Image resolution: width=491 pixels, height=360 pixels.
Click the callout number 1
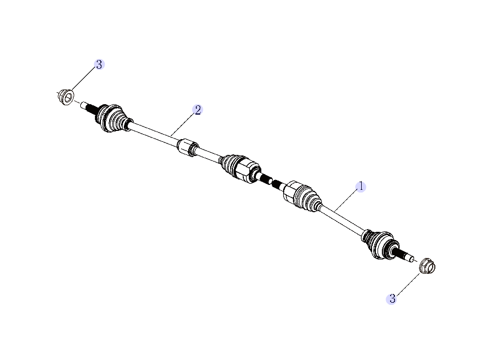(x=360, y=187)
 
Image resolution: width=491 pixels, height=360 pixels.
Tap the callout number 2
(x=197, y=110)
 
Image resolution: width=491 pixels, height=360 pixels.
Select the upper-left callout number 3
(x=99, y=64)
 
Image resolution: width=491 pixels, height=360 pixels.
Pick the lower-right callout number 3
(x=392, y=298)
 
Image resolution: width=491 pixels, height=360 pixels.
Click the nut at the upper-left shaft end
(x=66, y=97)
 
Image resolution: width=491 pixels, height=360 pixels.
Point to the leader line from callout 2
(x=182, y=123)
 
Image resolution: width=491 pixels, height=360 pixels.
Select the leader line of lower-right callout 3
(x=406, y=285)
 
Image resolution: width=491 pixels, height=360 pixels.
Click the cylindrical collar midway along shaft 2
(x=187, y=147)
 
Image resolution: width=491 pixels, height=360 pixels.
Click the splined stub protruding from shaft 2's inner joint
(x=265, y=179)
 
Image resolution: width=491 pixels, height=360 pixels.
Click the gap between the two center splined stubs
(x=272, y=182)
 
